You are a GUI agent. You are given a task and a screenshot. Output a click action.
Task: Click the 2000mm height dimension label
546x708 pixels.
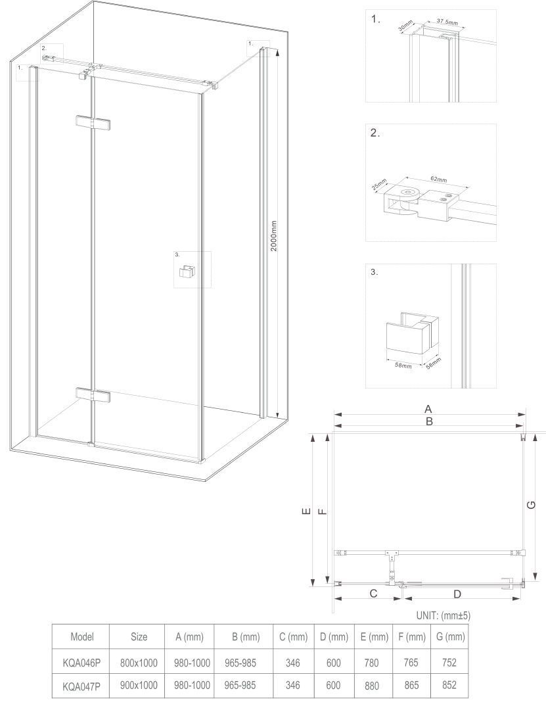pos(273,236)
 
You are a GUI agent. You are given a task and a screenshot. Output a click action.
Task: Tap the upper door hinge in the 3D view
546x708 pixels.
pos(93,124)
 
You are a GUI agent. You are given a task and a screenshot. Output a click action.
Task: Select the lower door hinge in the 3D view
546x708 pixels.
pos(93,395)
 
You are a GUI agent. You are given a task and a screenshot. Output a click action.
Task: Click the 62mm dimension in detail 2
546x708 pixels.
pos(438,179)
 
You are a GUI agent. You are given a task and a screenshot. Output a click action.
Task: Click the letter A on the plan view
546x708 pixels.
pos(428,409)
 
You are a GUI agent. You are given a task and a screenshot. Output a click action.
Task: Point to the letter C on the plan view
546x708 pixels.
pos(373,594)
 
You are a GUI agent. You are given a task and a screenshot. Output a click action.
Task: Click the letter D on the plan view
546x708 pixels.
pos(457,594)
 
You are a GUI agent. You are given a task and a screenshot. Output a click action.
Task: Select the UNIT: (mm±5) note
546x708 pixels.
pos(443,615)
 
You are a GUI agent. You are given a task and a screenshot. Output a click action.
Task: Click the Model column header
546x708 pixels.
pos(82,636)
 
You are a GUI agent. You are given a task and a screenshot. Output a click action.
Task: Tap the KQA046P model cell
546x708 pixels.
pos(81,663)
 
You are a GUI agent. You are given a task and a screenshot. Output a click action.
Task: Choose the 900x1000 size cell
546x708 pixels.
pos(139,685)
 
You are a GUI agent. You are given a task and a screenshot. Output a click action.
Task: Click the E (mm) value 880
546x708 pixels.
pos(372,686)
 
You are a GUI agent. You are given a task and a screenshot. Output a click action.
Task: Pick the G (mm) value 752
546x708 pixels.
pos(449,663)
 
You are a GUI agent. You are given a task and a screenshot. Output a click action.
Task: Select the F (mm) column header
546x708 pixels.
pos(412,636)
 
